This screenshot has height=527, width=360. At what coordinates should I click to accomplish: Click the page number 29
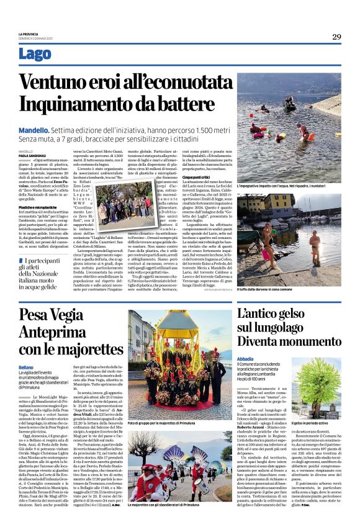[x=336, y=37]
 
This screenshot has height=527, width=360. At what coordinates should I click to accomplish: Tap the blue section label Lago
[x=35, y=55]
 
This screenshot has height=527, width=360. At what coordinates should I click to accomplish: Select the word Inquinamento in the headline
[x=81, y=106]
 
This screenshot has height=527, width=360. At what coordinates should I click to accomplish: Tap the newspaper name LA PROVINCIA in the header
[x=27, y=34]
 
